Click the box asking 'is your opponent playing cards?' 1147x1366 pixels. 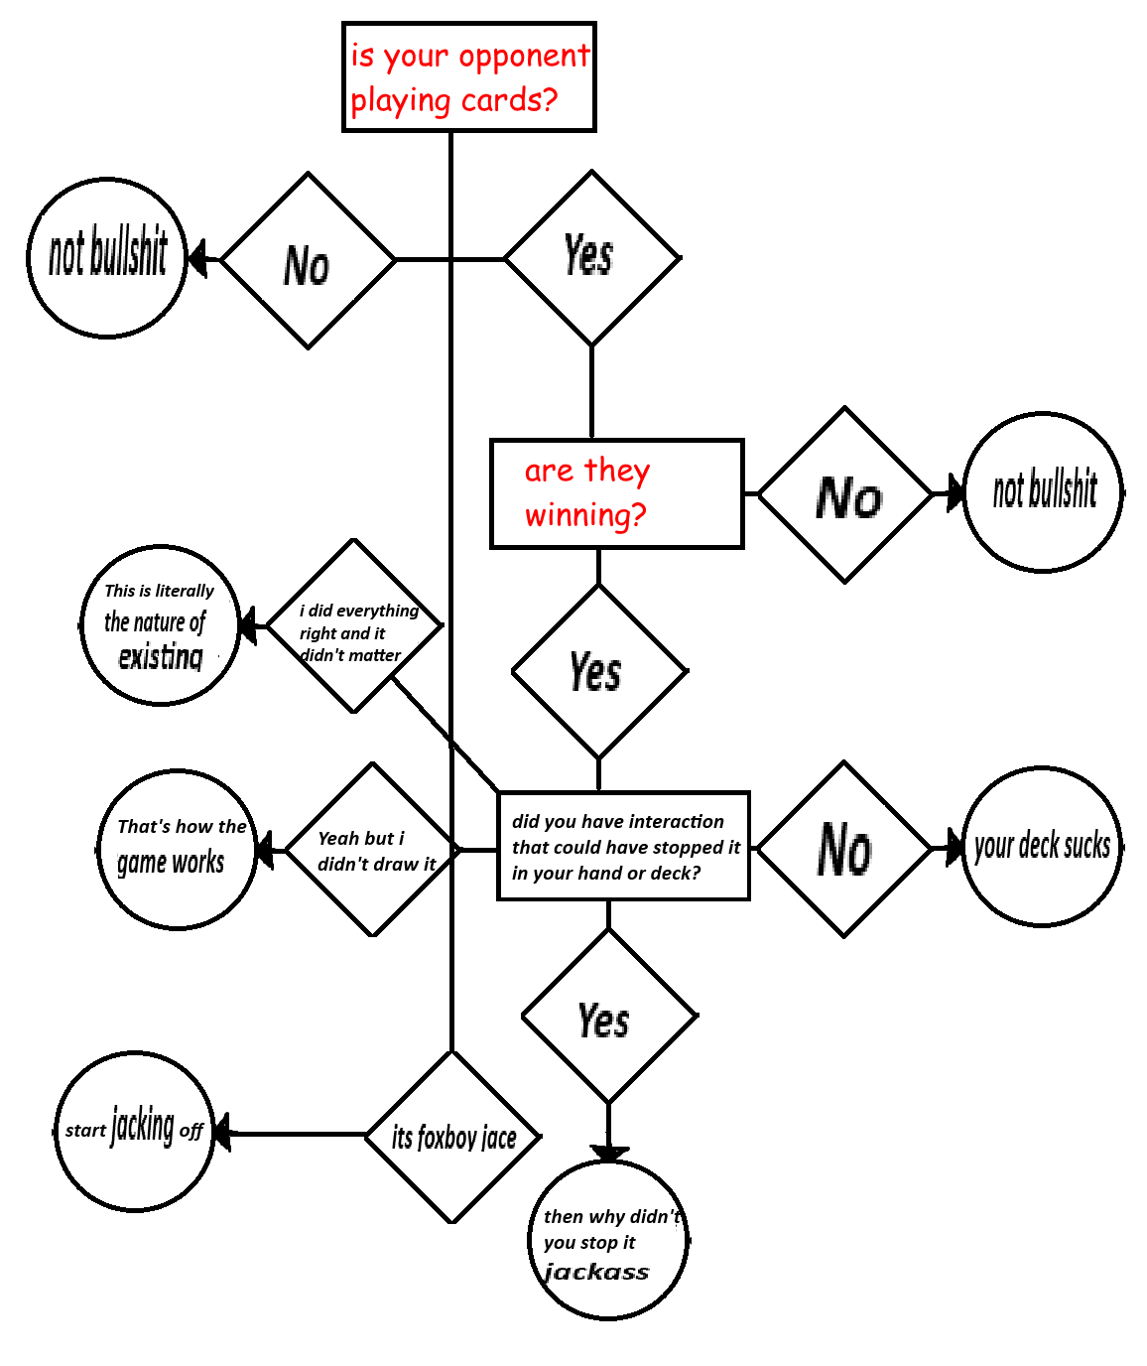pos(468,77)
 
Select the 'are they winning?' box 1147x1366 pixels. pos(616,493)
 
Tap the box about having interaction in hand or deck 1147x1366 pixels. pos(623,847)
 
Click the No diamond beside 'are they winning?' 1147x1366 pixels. pos(845,494)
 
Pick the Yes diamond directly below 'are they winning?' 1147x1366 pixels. pos(598,672)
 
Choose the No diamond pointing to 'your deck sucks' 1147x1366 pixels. pos(844,850)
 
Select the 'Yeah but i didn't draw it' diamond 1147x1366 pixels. pos(373,851)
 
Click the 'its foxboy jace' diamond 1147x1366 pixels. pos(452,1137)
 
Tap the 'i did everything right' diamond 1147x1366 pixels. pos(354,626)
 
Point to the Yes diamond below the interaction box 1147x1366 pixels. pos(608,1017)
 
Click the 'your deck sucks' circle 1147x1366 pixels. pos(1042,847)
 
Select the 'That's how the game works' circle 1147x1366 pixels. pos(179,850)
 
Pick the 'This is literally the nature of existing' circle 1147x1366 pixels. pos(160,625)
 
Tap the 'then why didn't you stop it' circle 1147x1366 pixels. pos(608,1241)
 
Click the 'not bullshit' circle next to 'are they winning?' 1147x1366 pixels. pos(1044,492)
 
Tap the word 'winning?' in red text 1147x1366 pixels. pos(585,516)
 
